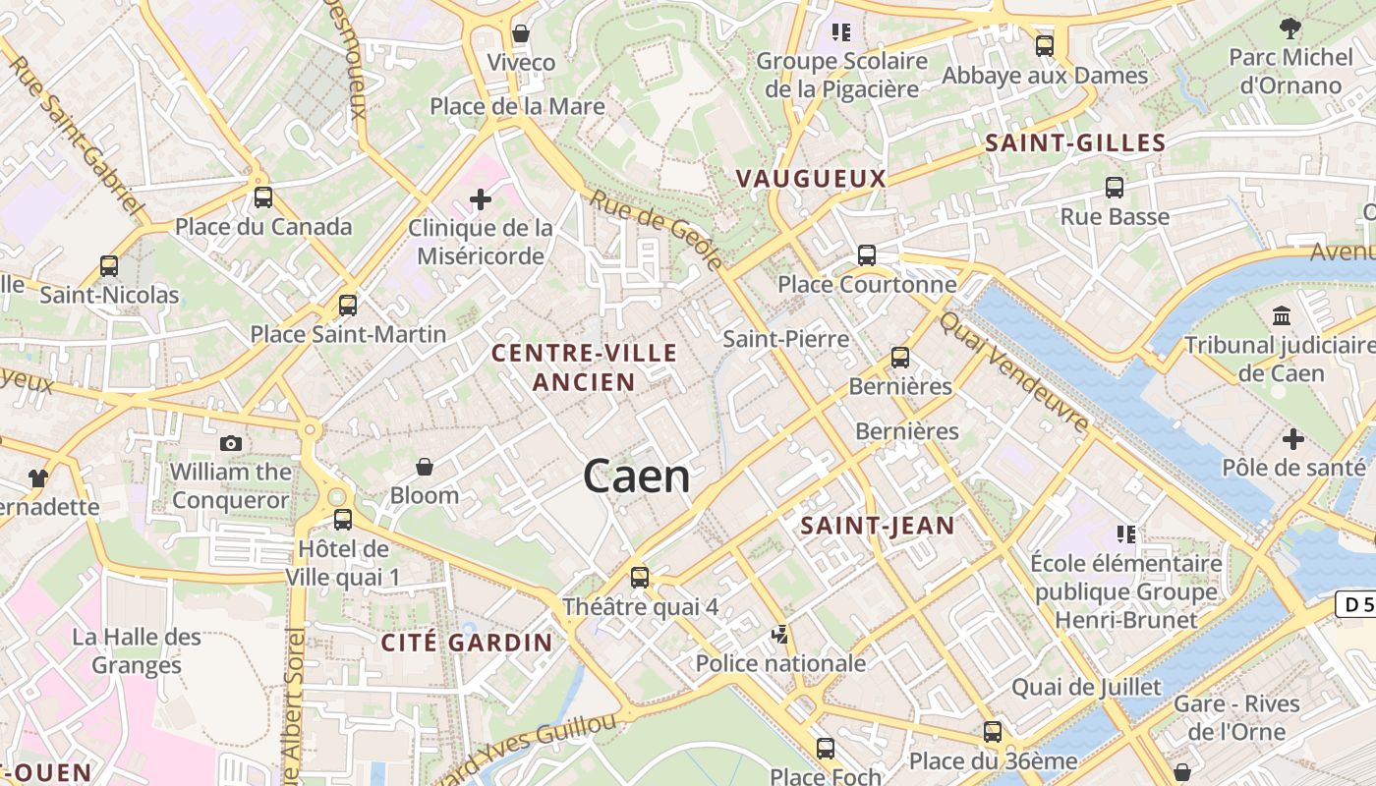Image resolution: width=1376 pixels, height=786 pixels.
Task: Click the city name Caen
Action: click(x=637, y=477)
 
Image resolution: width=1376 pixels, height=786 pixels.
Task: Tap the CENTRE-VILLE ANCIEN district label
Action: click(x=585, y=367)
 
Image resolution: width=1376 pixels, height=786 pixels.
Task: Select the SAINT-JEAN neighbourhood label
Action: click(x=878, y=526)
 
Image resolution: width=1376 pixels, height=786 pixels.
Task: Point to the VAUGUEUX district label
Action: click(x=811, y=179)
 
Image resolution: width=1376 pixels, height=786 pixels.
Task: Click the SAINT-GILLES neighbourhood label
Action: click(x=1075, y=143)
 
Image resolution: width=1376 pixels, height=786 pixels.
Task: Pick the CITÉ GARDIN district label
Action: click(x=467, y=644)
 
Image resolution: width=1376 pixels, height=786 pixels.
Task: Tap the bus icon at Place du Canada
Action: click(x=263, y=197)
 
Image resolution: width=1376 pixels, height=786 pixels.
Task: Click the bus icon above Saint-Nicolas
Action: click(x=109, y=266)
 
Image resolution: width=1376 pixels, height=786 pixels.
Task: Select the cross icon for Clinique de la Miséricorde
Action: click(x=481, y=200)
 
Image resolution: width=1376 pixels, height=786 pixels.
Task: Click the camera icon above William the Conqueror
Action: click(x=231, y=443)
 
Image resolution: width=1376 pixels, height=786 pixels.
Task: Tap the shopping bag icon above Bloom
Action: click(x=425, y=467)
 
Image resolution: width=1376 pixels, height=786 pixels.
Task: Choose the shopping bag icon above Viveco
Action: click(x=521, y=34)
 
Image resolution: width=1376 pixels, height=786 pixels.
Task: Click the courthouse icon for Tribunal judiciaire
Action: click(x=1282, y=316)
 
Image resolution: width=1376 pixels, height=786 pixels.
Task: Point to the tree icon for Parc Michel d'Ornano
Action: click(x=1290, y=28)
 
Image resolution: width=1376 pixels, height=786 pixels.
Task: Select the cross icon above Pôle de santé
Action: click(x=1293, y=438)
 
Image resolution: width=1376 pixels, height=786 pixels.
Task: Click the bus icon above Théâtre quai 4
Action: click(x=640, y=578)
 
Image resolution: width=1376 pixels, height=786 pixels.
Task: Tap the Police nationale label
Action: click(x=781, y=663)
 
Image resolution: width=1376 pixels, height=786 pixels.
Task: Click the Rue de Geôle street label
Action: click(x=657, y=230)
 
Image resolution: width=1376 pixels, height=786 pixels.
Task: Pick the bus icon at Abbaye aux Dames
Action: click(x=1045, y=46)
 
